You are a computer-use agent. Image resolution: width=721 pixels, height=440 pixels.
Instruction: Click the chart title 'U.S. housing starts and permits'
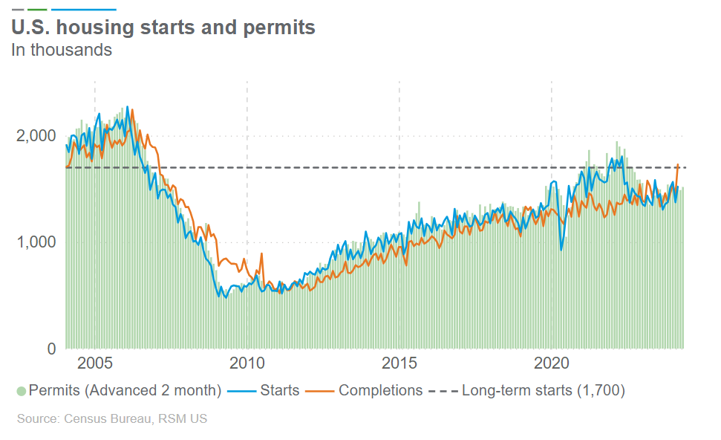(163, 27)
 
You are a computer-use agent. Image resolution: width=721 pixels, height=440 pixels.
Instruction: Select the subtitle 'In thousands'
(62, 51)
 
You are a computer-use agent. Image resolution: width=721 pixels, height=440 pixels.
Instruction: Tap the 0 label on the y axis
(50, 349)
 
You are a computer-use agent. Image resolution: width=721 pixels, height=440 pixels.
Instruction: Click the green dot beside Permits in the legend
(21, 391)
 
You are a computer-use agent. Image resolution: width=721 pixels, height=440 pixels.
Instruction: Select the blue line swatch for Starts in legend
(242, 391)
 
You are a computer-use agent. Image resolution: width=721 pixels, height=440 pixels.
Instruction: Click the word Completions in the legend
(380, 391)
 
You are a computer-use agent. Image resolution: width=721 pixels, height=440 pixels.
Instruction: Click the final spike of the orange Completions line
(678, 164)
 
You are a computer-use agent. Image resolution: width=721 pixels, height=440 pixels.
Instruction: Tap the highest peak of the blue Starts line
(127, 107)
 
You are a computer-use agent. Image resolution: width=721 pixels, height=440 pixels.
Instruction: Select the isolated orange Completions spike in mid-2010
(261, 254)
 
